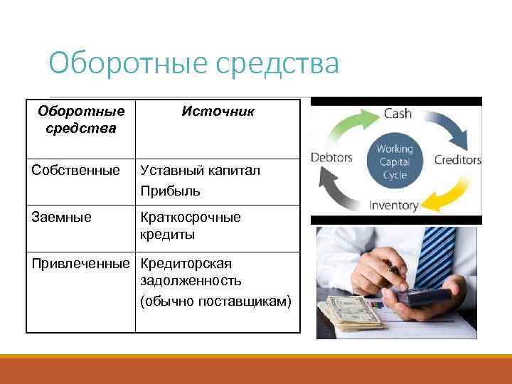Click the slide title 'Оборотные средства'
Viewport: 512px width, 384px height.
point(193,65)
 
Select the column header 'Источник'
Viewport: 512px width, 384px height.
point(218,112)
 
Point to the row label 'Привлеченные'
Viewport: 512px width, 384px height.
point(81,264)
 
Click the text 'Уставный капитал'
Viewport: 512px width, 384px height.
point(200,171)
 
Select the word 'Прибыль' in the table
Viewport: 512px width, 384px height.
point(170,191)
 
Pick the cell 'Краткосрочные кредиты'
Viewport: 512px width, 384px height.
point(190,225)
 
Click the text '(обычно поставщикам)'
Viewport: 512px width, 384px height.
point(215,302)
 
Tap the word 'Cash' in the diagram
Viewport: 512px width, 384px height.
point(398,114)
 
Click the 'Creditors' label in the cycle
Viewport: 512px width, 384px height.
point(457,159)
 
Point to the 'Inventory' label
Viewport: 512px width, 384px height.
point(393,206)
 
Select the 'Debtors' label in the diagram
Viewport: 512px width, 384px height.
point(331,157)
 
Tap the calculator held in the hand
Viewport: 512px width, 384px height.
point(424,295)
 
